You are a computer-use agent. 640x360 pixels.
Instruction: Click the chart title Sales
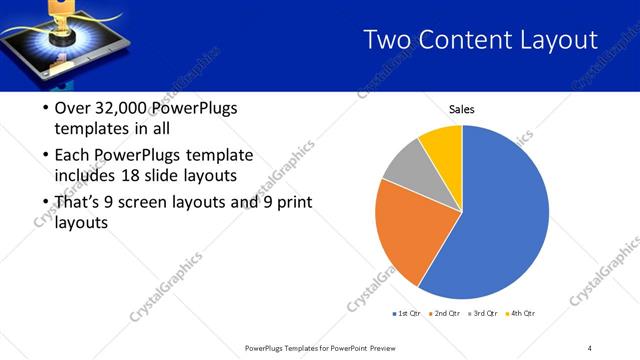coord(461,109)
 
